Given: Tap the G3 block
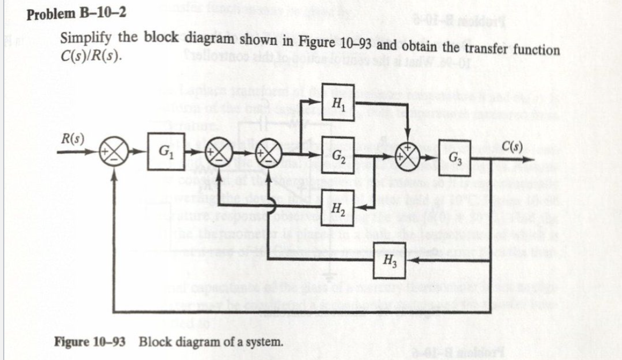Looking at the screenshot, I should tap(456, 159).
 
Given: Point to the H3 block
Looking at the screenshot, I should tap(390, 260).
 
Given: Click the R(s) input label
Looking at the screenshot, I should tap(71, 140).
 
